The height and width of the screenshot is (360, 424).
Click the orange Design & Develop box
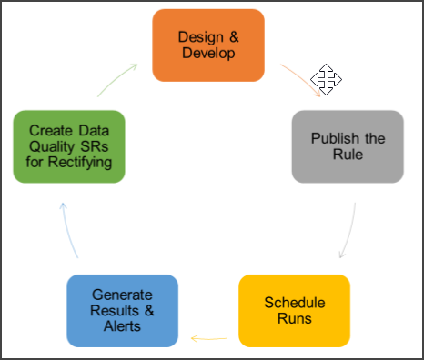[x=207, y=45]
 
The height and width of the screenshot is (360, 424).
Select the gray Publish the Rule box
[x=348, y=146]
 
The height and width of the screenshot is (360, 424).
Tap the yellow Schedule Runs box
[x=294, y=310]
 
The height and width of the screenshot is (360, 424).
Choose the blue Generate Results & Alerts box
[x=123, y=310]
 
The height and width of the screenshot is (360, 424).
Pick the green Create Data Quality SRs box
[x=69, y=146]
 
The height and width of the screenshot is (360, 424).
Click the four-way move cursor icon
[x=327, y=80]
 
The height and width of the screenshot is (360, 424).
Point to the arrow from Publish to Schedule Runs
[x=348, y=232]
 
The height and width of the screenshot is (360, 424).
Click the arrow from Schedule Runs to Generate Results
[x=208, y=339]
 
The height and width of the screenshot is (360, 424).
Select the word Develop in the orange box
[x=207, y=54]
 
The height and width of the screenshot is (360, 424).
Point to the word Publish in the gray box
[x=333, y=138]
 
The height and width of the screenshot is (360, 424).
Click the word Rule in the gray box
[x=348, y=155]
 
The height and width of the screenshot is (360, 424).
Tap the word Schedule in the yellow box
[x=294, y=302]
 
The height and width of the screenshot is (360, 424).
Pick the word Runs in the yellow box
[x=294, y=318]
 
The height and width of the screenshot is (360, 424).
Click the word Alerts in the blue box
[x=123, y=325]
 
